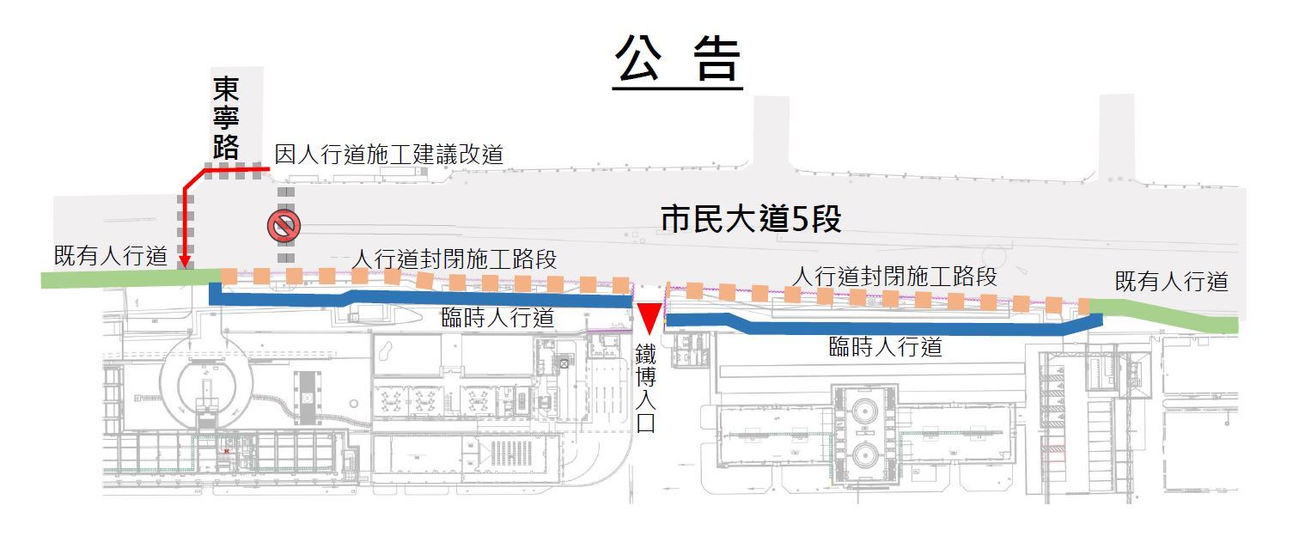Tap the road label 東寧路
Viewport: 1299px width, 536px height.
pos(226,118)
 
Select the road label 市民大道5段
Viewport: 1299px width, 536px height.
pos(751,219)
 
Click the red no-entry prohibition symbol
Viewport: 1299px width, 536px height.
pos(284,226)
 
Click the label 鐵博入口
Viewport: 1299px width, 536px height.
pos(645,388)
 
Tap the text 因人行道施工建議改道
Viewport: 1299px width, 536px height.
pos(388,155)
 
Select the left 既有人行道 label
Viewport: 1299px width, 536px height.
pos(111,255)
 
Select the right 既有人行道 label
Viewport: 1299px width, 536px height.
pos(1171,282)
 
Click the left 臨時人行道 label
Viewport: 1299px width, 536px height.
pos(497,317)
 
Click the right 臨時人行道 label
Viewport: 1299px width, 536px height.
pos(885,347)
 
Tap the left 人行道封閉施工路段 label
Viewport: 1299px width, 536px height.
pos(454,259)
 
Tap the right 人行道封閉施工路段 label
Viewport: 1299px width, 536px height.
pos(894,276)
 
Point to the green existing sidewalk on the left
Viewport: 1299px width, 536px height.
pos(131,277)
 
